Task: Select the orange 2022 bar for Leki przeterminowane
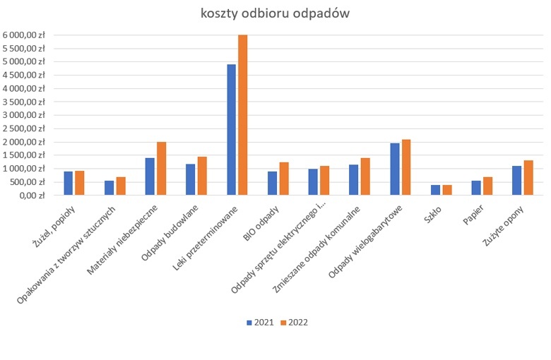click(243, 115)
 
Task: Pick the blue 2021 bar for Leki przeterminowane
click(231, 130)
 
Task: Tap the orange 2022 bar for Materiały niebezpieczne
click(161, 169)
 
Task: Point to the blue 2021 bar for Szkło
click(435, 190)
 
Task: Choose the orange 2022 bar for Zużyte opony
click(528, 178)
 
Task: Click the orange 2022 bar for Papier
click(487, 186)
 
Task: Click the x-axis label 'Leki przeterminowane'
click(212, 240)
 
